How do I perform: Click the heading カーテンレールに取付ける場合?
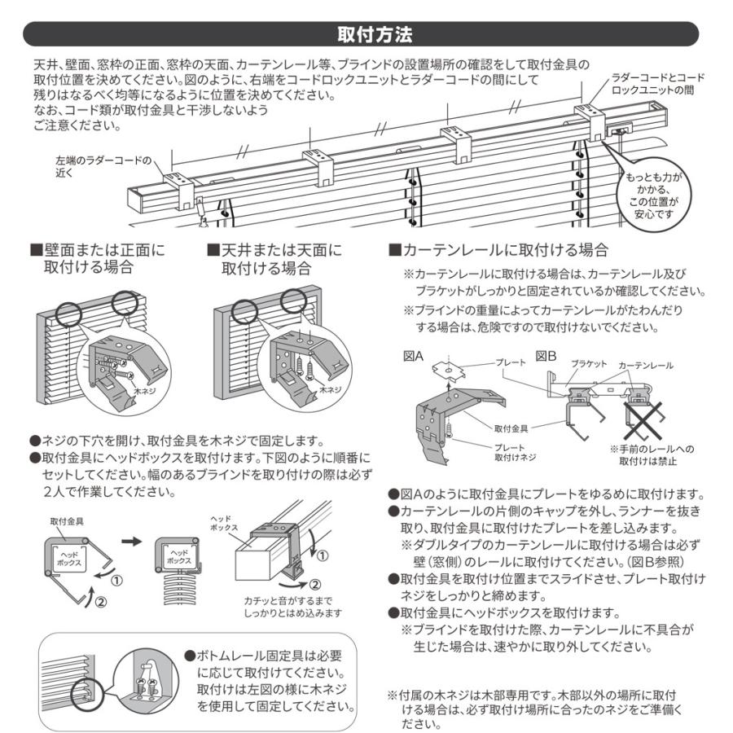(498, 249)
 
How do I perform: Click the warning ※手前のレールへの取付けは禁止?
(648, 455)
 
